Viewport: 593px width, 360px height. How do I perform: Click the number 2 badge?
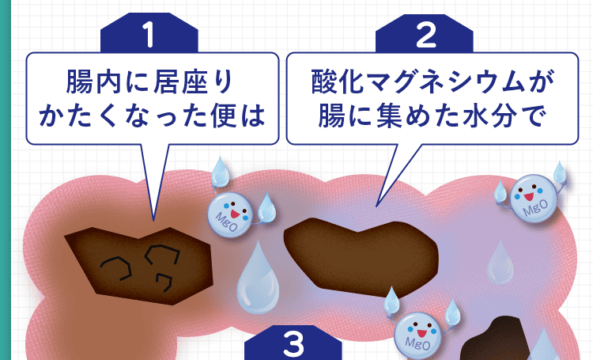425,34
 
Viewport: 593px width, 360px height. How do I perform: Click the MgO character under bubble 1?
230,211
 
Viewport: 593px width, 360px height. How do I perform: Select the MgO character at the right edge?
531,199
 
